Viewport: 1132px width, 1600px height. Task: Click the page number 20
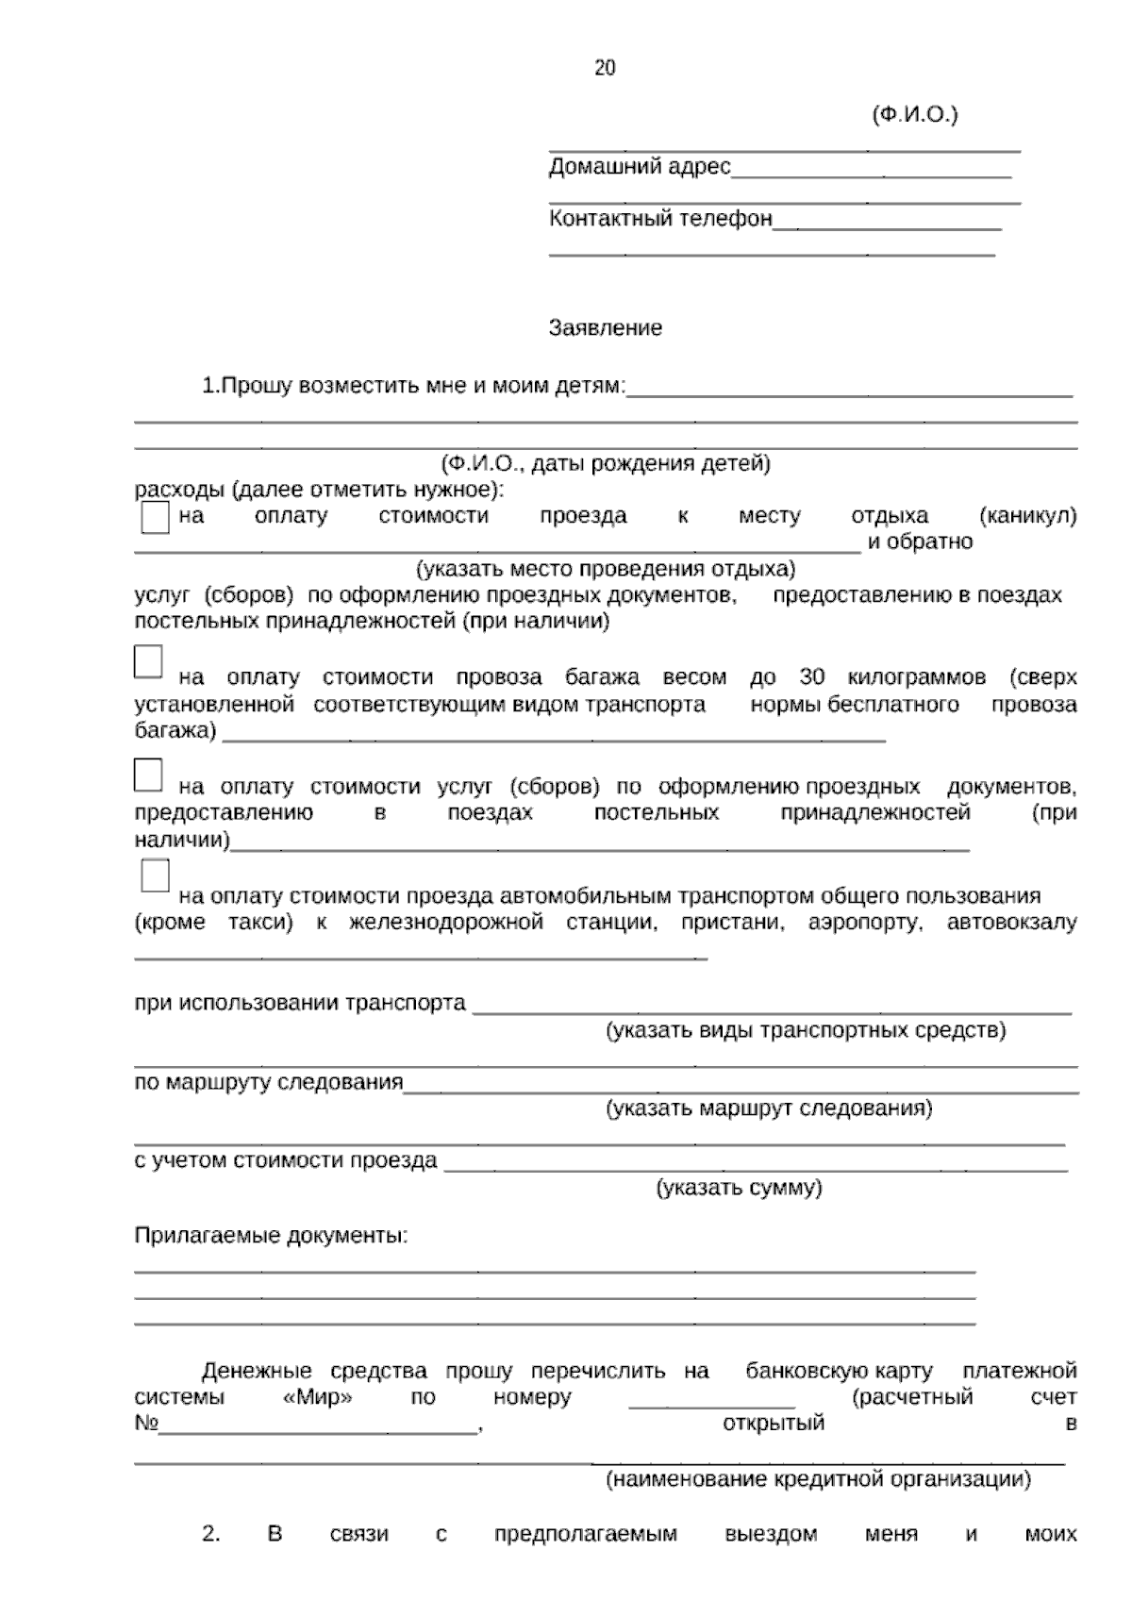click(605, 68)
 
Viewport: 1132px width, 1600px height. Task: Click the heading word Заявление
click(605, 328)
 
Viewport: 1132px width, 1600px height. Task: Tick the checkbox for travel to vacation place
click(155, 518)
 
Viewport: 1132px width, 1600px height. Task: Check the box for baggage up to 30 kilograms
click(148, 662)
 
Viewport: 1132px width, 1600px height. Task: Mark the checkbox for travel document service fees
click(148, 775)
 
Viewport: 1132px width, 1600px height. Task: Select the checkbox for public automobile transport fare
click(155, 876)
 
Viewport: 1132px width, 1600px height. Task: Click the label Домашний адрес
click(640, 168)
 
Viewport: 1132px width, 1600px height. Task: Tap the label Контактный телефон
click(660, 219)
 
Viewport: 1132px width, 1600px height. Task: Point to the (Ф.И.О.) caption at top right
click(913, 115)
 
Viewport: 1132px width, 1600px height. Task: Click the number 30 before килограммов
click(811, 677)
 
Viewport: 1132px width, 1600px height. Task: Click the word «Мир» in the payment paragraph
click(318, 1397)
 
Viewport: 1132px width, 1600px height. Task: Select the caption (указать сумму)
click(739, 1188)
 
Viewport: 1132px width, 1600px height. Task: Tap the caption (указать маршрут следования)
click(768, 1108)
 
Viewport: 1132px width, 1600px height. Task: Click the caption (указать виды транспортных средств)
click(805, 1029)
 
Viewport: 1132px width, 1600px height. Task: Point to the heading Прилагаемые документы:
click(271, 1236)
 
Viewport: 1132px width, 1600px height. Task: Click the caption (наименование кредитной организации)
click(817, 1479)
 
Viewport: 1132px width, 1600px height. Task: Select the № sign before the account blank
click(145, 1424)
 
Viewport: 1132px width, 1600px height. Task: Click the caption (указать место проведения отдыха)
click(606, 569)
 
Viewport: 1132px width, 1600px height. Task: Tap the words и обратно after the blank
click(920, 542)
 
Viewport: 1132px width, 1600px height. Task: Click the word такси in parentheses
click(259, 923)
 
